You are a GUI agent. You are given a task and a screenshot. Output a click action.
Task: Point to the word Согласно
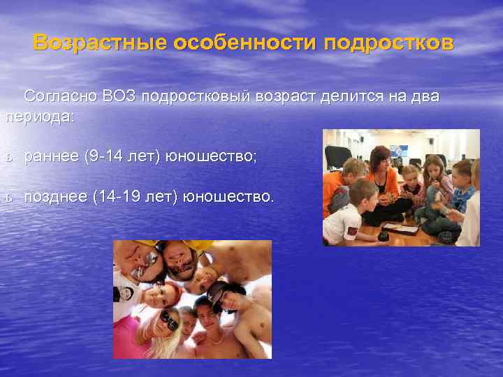[59, 96]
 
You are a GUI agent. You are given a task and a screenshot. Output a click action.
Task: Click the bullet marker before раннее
[8, 158]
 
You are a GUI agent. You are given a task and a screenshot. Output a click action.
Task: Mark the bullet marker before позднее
[8, 199]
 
